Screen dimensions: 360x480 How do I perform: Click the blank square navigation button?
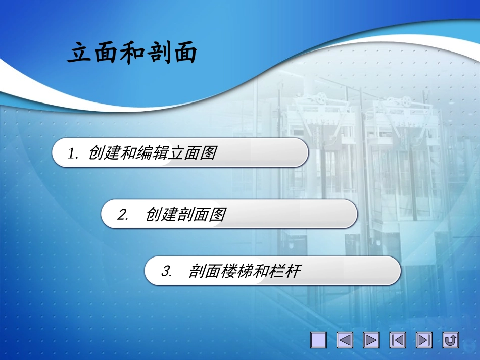tap(318, 340)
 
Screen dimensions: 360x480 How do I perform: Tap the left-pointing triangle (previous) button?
tap(345, 340)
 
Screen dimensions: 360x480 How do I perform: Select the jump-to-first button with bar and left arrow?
tap(398, 340)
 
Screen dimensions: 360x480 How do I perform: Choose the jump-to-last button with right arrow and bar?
tap(424, 340)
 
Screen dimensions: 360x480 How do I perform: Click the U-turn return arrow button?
tap(450, 340)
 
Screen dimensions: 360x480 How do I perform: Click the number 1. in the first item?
tap(74, 153)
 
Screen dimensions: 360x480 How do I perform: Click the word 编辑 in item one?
tap(152, 153)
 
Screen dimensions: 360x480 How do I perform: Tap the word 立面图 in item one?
tap(192, 153)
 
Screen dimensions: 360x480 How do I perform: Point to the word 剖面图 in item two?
tap(201, 215)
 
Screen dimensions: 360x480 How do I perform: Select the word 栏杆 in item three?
tap(285, 272)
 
